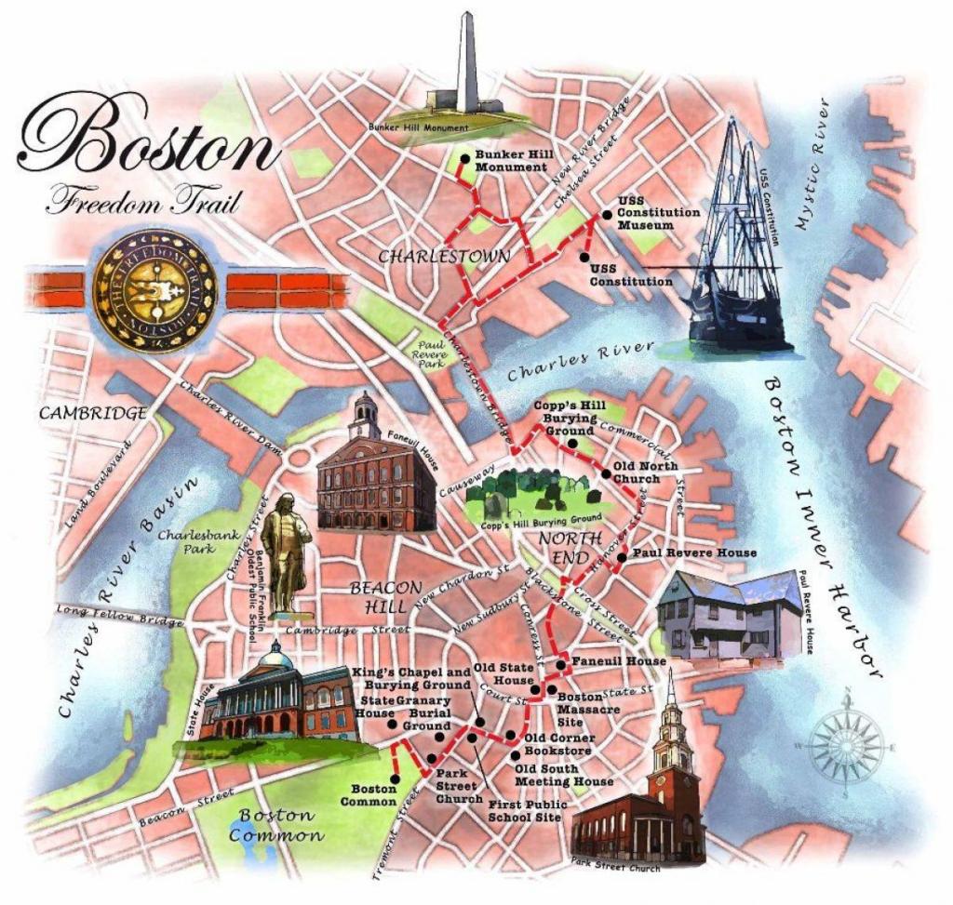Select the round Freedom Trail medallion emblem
[154, 290]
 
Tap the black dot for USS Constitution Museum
[606, 215]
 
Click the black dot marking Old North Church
[606, 474]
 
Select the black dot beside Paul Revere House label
[622, 558]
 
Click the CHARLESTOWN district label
[444, 256]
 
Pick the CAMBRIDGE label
[92, 413]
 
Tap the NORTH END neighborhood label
[557, 548]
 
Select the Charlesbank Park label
[185, 542]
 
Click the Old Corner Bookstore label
[558, 744]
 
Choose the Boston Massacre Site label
[583, 709]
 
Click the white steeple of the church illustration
[670, 716]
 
